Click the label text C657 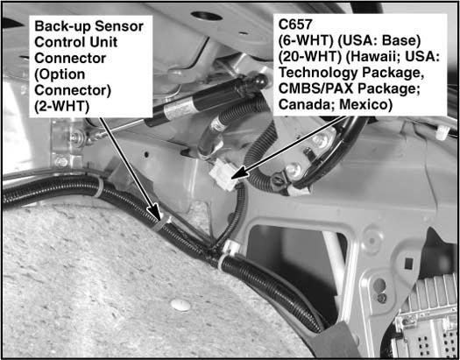pyautogui.click(x=295, y=25)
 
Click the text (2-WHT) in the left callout pyautogui.click(x=61, y=106)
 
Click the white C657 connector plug pyautogui.click(x=224, y=176)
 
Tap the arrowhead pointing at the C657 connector pyautogui.click(x=238, y=173)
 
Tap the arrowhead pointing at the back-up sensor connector pyautogui.click(x=155, y=213)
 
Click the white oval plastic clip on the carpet pyautogui.click(x=180, y=305)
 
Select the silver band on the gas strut pyautogui.click(x=179, y=109)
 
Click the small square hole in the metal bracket pyautogui.click(x=408, y=264)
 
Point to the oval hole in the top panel pyautogui.click(x=207, y=16)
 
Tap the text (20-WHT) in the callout pyautogui.click(x=310, y=57)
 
